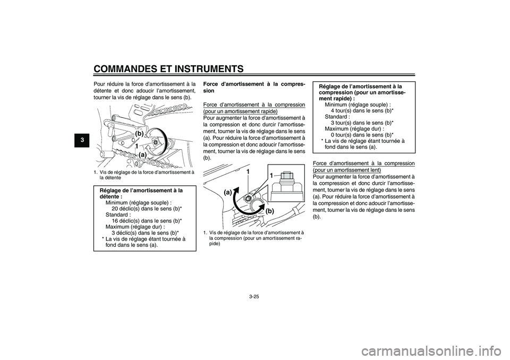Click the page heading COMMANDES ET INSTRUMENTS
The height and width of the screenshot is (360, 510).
tap(168, 69)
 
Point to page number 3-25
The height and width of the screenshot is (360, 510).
tap(254, 296)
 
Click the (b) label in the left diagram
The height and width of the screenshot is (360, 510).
tap(139, 133)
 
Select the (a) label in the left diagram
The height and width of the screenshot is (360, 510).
tap(142, 155)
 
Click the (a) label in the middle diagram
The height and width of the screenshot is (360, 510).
tap(228, 192)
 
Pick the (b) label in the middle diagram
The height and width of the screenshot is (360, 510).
tap(270, 211)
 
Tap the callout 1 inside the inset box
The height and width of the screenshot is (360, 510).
tap(271, 176)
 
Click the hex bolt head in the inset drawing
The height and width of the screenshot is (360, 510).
tap(286, 176)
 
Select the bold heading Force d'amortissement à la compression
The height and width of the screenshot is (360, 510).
tap(254, 87)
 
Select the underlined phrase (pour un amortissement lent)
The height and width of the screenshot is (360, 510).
tap(347, 170)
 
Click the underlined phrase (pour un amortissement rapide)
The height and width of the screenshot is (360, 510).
tap(240, 111)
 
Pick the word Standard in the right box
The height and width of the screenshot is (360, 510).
tap(336, 117)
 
